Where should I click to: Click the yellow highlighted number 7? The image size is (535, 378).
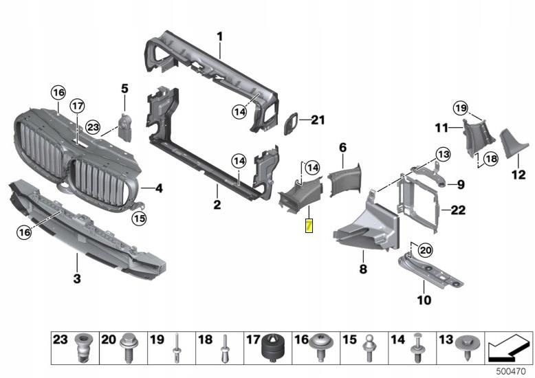click(309, 225)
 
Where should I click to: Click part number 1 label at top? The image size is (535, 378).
click(220, 35)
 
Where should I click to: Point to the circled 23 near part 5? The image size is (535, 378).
click(93, 127)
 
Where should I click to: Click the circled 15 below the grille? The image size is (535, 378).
click(140, 219)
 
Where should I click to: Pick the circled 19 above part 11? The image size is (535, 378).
click(460, 107)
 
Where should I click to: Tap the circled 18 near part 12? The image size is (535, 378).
click(489, 158)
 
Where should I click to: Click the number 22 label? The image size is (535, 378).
click(458, 210)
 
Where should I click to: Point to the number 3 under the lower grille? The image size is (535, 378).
click(77, 278)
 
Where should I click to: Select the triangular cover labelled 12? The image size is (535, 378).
click(508, 145)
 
